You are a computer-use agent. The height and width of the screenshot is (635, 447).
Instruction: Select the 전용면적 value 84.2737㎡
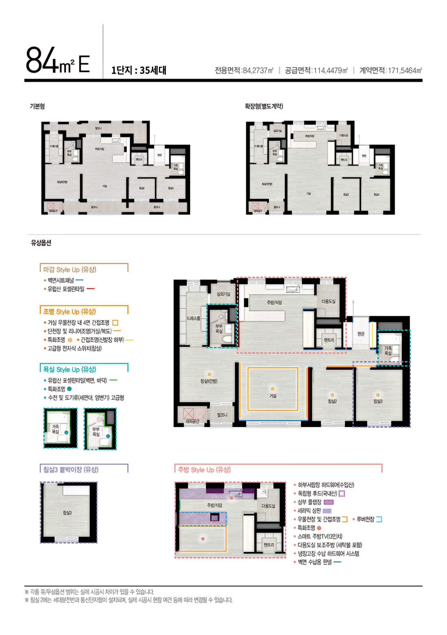[x=258, y=71]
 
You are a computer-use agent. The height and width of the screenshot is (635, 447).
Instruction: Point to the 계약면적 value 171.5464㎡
[x=405, y=71]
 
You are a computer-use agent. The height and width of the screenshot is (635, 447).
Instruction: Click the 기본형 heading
[x=37, y=106]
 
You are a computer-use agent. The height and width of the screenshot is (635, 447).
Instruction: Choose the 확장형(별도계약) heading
[x=264, y=106]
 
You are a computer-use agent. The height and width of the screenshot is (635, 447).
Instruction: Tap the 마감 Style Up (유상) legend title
[x=69, y=269]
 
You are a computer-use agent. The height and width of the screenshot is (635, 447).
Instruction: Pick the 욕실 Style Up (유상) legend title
[x=69, y=370]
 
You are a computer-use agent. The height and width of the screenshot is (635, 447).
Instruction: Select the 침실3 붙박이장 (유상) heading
[x=71, y=469]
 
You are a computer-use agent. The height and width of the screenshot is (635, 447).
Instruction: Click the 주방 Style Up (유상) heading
[x=204, y=470]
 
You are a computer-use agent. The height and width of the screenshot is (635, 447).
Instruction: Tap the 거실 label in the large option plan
[x=273, y=396]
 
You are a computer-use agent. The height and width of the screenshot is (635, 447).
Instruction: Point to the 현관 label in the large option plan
[x=361, y=334]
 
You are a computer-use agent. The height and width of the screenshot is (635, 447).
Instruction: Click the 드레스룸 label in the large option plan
[x=193, y=318]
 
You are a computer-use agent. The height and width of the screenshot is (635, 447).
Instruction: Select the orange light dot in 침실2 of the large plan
[x=332, y=395]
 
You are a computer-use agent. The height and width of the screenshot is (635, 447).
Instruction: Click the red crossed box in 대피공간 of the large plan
[x=188, y=414]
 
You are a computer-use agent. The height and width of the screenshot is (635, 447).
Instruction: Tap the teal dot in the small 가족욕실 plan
[x=66, y=432]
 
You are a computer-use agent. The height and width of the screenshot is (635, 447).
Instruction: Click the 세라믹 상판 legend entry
[x=309, y=511]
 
